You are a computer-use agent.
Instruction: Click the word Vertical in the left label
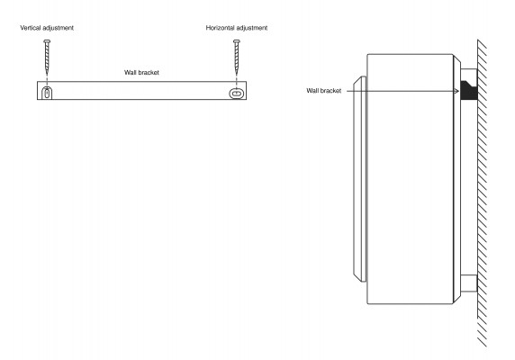pos(31,28)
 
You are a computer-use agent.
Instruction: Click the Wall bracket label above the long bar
pos(141,72)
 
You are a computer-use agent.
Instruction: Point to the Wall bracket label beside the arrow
pos(324,91)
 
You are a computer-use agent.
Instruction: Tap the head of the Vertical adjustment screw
pos(47,41)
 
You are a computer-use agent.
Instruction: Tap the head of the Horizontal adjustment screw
pos(237,41)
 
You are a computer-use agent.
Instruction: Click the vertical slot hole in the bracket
pos(48,94)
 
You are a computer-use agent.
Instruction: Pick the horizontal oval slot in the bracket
pos(237,94)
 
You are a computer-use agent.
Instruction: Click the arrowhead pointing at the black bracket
pos(456,91)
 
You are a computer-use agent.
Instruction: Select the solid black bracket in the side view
pos(468,91)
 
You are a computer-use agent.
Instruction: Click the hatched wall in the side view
pos(482,193)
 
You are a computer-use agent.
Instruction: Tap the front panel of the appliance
pos(359,179)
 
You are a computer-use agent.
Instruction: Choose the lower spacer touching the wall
pos(469,283)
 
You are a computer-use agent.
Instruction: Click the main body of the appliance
pos(410,179)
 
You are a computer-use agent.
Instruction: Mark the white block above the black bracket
pos(469,75)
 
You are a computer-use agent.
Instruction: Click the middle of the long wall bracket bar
pos(141,90)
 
